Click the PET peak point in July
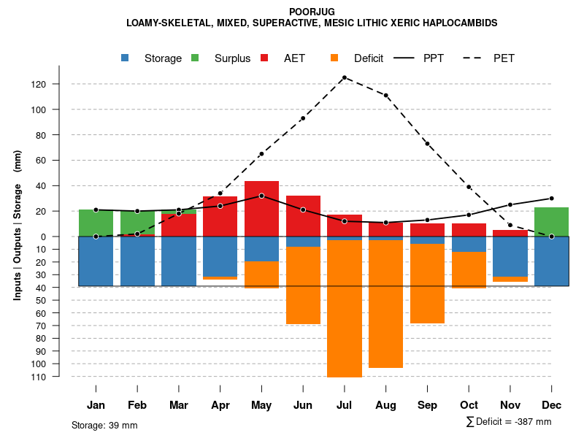344,77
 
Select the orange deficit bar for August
385,304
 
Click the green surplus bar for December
551,221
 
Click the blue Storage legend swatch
126,58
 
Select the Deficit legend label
369,58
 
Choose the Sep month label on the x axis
427,405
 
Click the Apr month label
220,405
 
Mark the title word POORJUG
312,12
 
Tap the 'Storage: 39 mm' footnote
104,425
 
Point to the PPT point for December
552,199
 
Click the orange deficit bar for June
303,285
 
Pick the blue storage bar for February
137,261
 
